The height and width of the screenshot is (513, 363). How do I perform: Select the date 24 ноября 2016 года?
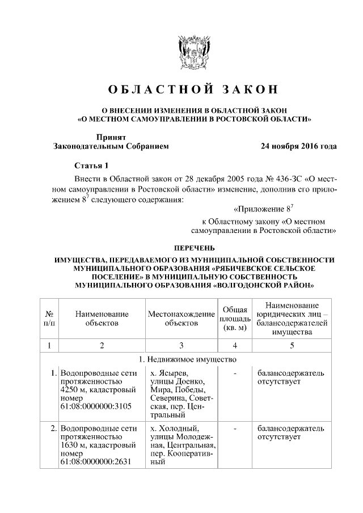pyautogui.click(x=298, y=146)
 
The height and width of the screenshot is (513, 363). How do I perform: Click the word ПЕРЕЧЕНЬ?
pyautogui.click(x=194, y=248)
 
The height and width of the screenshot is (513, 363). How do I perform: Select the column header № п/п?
pyautogui.click(x=49, y=319)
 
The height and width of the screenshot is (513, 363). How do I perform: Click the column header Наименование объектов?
pyautogui.click(x=102, y=319)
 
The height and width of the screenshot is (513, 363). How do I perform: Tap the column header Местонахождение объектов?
pyautogui.click(x=181, y=319)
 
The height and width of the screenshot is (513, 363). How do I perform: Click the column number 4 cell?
pyautogui.click(x=234, y=346)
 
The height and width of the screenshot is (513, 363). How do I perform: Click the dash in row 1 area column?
pyautogui.click(x=234, y=374)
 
